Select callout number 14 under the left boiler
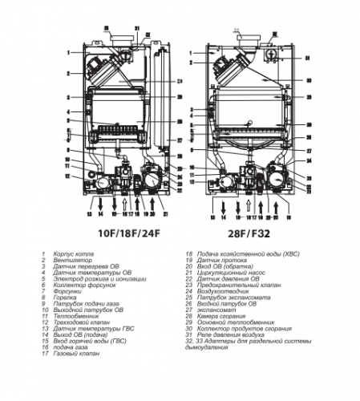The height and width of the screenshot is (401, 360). coord(100,215)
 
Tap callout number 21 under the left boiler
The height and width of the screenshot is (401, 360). coord(164,215)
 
